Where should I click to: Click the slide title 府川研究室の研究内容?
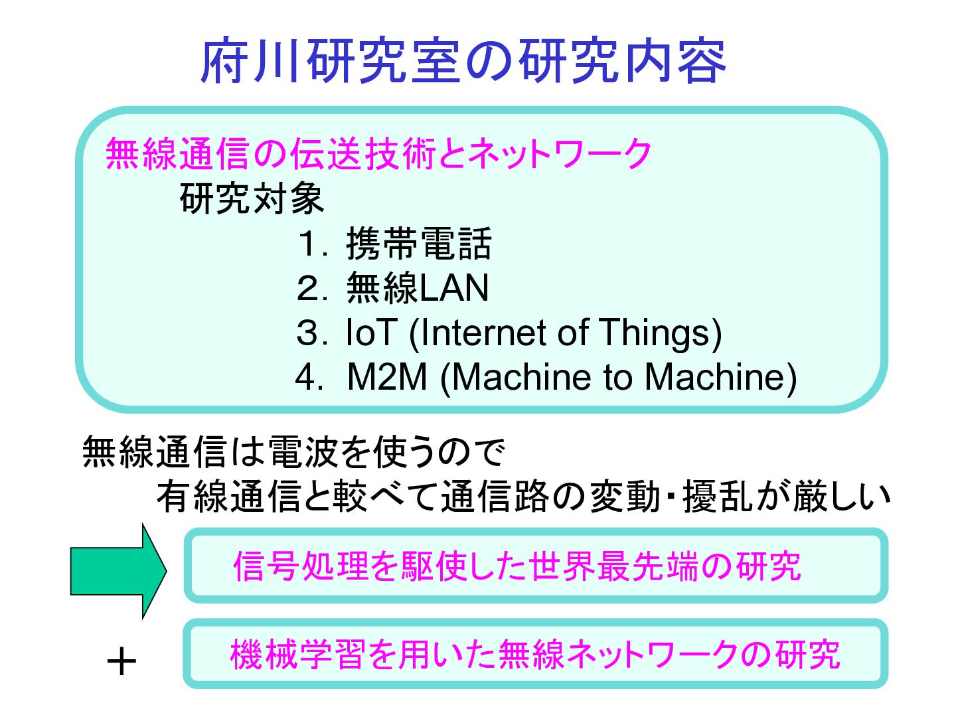(x=463, y=61)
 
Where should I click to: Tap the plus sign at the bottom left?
(x=121, y=662)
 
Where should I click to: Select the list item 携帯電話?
(x=418, y=244)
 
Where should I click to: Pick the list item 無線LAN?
(x=418, y=288)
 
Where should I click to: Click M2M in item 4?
(x=387, y=377)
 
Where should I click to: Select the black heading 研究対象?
(x=252, y=199)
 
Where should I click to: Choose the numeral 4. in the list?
(x=309, y=377)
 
